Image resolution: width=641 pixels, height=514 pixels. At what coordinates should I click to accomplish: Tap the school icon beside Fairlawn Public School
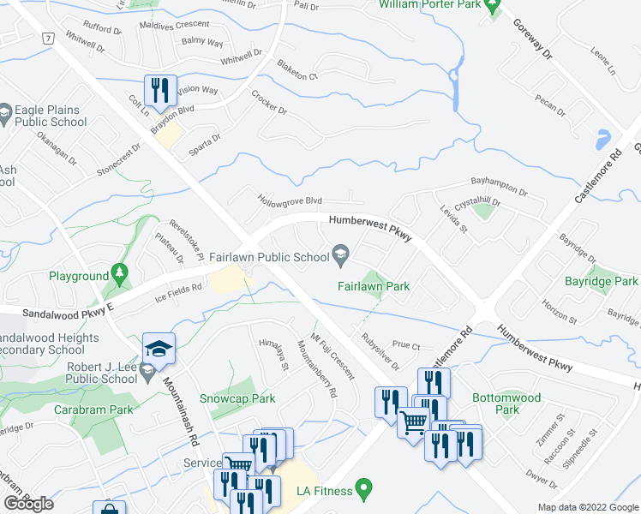click(x=340, y=254)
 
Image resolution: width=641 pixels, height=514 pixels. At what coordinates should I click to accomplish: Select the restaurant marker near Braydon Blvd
click(x=159, y=88)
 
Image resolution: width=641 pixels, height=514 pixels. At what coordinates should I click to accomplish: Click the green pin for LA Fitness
click(x=364, y=490)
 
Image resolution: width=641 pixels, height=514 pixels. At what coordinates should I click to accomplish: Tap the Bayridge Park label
click(x=602, y=281)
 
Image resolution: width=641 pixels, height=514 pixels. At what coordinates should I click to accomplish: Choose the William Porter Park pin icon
click(x=493, y=8)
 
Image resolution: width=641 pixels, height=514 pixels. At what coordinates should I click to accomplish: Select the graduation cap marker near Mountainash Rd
click(x=159, y=348)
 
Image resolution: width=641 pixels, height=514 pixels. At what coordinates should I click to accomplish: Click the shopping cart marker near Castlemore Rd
click(x=414, y=421)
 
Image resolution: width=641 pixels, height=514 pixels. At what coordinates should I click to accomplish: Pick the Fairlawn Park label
click(x=373, y=287)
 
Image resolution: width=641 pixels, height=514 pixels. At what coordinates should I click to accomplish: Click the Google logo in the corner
click(x=28, y=503)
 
